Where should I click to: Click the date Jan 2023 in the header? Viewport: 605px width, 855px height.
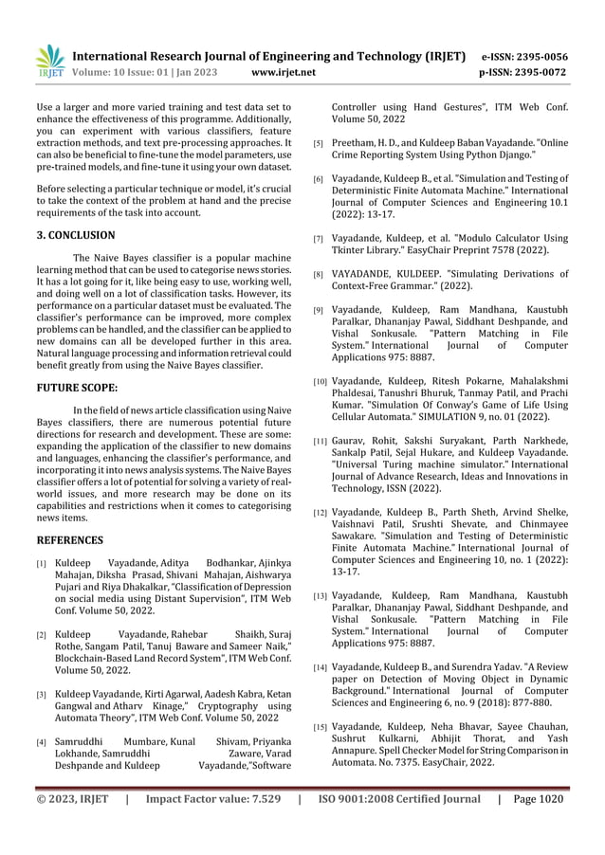click(196, 71)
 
